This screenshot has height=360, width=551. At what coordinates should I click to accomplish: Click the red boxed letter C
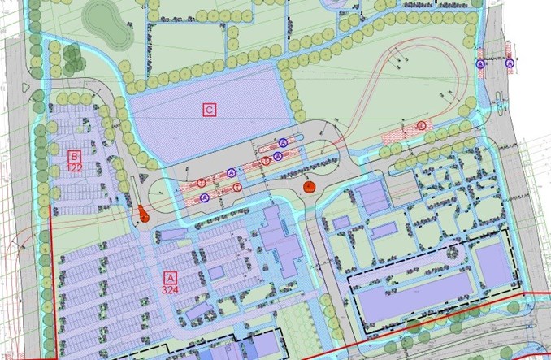pyautogui.click(x=210, y=109)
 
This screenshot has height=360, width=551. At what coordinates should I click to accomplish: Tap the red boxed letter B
pyautogui.click(x=74, y=155)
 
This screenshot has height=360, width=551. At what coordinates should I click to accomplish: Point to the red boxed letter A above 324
pyautogui.click(x=170, y=276)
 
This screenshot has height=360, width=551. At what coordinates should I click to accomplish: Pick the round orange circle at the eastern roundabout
pyautogui.click(x=309, y=188)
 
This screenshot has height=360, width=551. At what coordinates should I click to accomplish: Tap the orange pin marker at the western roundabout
pyautogui.click(x=142, y=215)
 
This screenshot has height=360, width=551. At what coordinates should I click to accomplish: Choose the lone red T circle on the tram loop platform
pyautogui.click(x=421, y=125)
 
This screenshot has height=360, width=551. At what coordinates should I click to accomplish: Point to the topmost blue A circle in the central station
pyautogui.click(x=283, y=142)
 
